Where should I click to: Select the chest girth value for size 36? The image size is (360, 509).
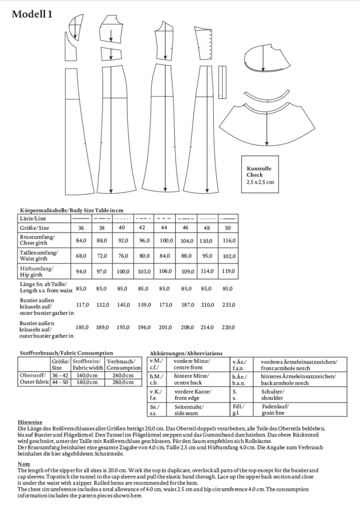[81, 241]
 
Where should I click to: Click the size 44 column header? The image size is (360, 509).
[164, 228]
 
